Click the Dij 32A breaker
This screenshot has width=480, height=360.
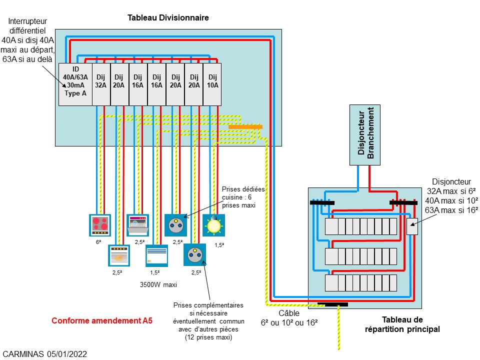[x=101, y=84]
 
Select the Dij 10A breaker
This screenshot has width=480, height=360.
[x=212, y=84]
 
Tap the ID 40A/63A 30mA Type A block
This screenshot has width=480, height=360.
[x=75, y=84]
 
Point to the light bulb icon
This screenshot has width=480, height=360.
[x=214, y=225]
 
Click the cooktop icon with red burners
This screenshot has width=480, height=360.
[x=99, y=224]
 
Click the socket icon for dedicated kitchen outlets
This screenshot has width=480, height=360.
[x=175, y=224]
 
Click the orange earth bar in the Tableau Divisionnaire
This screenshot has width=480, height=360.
[x=245, y=127]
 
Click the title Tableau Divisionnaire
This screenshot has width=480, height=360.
[x=168, y=18]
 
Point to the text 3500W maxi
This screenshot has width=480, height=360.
[x=158, y=284]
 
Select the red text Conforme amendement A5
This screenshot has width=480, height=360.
[x=102, y=320]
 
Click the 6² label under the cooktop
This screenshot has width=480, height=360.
[x=98, y=241]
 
